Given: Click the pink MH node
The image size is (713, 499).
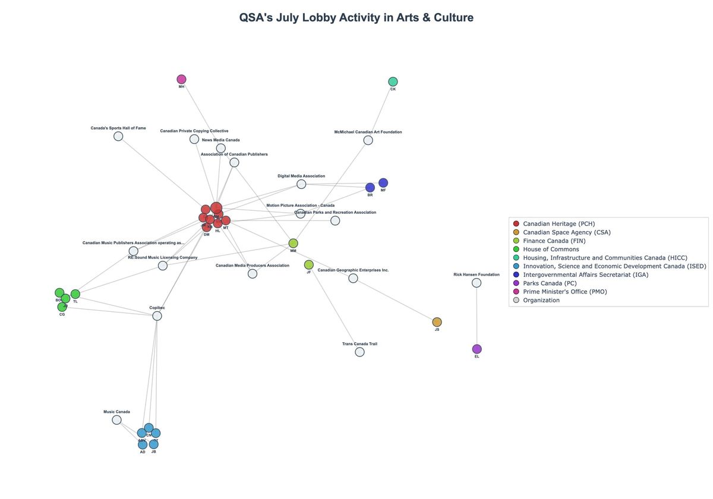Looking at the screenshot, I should (181, 80).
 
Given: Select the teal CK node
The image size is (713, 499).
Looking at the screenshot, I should (393, 81).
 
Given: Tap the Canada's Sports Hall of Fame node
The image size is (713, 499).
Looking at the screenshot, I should (118, 136).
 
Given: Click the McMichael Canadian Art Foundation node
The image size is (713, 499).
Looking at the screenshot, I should (368, 140).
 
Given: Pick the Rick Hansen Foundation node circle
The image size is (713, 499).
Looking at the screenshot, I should (477, 283).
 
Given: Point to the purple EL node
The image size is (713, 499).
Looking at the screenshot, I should (477, 349).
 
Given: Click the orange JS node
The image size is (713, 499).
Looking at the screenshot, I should (437, 322).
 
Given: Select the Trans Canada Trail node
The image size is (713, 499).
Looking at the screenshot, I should (359, 352).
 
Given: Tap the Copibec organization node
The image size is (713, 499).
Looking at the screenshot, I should (157, 316).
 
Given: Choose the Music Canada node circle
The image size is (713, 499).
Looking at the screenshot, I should (116, 420).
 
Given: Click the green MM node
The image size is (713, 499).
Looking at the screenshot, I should (293, 244).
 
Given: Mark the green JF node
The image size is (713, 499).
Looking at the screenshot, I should (308, 265).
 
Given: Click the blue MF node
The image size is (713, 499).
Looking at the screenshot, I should (383, 183).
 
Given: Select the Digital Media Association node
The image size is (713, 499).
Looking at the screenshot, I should (301, 184).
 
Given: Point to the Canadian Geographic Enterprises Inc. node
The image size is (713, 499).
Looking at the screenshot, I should (353, 278).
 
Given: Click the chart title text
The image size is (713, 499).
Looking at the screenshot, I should (356, 18).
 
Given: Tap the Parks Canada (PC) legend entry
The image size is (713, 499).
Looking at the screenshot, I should (550, 283).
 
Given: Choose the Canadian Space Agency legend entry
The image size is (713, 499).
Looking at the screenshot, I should (566, 232).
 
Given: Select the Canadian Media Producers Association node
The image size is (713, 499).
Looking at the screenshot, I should (253, 274).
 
